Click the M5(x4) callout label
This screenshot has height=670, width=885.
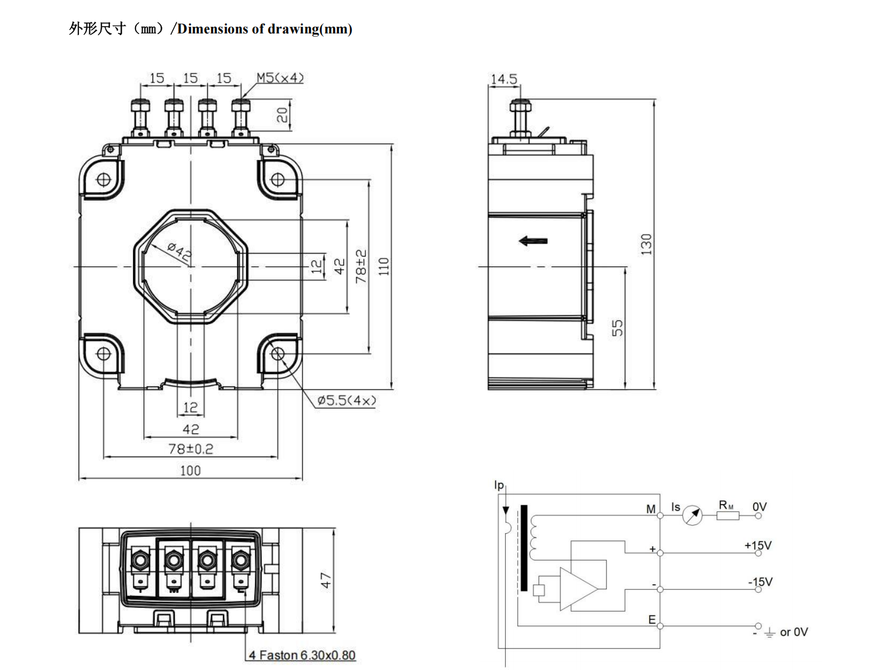coord(280,78)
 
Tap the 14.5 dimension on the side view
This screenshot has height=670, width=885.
coord(503,78)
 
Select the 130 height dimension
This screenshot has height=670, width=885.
coord(646,244)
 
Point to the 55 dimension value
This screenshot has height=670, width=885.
coord(618,328)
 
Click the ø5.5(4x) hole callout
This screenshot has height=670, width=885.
coord(346,400)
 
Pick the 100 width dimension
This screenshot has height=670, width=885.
coord(190,471)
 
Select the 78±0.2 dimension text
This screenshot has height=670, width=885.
coord(191,449)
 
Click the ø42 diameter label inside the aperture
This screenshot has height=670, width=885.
coord(180,252)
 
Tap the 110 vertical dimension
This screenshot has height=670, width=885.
coord(384,266)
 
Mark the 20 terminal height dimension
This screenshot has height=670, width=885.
coord(283,115)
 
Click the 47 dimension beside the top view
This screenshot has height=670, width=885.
coord(326,580)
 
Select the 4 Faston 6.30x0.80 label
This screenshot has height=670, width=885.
coord(302,655)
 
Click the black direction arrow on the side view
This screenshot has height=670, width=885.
coord(533,241)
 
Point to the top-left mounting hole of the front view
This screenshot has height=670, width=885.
coord(103,179)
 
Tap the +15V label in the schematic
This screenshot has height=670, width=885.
coord(757,545)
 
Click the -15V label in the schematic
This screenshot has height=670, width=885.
coord(760,582)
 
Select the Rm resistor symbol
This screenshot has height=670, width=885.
coord(728,515)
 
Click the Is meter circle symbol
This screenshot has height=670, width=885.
coord(692,515)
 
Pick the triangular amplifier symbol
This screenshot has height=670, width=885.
coord(578,589)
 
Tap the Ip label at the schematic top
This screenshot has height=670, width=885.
coord(499,485)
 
